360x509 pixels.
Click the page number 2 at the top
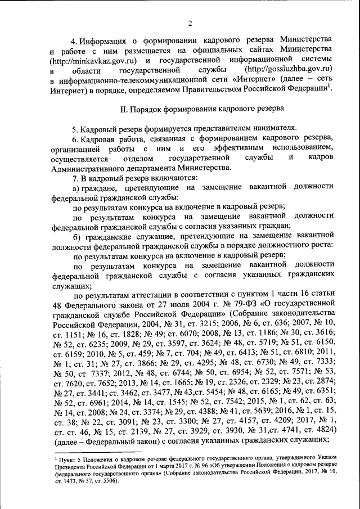190,23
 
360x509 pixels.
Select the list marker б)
77,235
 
